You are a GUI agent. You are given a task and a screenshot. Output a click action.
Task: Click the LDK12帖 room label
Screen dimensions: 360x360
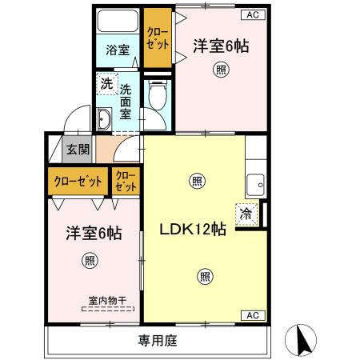[x=195, y=229]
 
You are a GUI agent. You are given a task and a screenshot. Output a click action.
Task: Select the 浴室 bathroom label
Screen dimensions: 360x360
[x=118, y=50]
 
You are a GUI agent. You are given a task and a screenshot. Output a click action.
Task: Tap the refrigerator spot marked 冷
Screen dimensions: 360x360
[x=246, y=214]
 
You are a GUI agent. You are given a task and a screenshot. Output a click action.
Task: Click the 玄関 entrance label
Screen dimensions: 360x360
[x=78, y=149]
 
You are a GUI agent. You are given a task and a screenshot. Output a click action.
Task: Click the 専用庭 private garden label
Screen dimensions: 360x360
[x=156, y=340]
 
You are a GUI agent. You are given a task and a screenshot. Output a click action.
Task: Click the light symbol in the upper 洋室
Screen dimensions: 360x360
[x=219, y=70]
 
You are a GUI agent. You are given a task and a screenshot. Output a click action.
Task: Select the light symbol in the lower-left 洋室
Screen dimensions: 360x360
[x=90, y=260]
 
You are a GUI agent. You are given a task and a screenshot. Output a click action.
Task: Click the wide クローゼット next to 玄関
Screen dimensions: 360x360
[x=78, y=180]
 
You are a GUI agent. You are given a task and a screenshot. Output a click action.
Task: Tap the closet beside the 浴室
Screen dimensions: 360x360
[x=157, y=37]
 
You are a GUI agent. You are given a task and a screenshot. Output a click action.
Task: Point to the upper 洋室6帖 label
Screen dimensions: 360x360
[x=221, y=46]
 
